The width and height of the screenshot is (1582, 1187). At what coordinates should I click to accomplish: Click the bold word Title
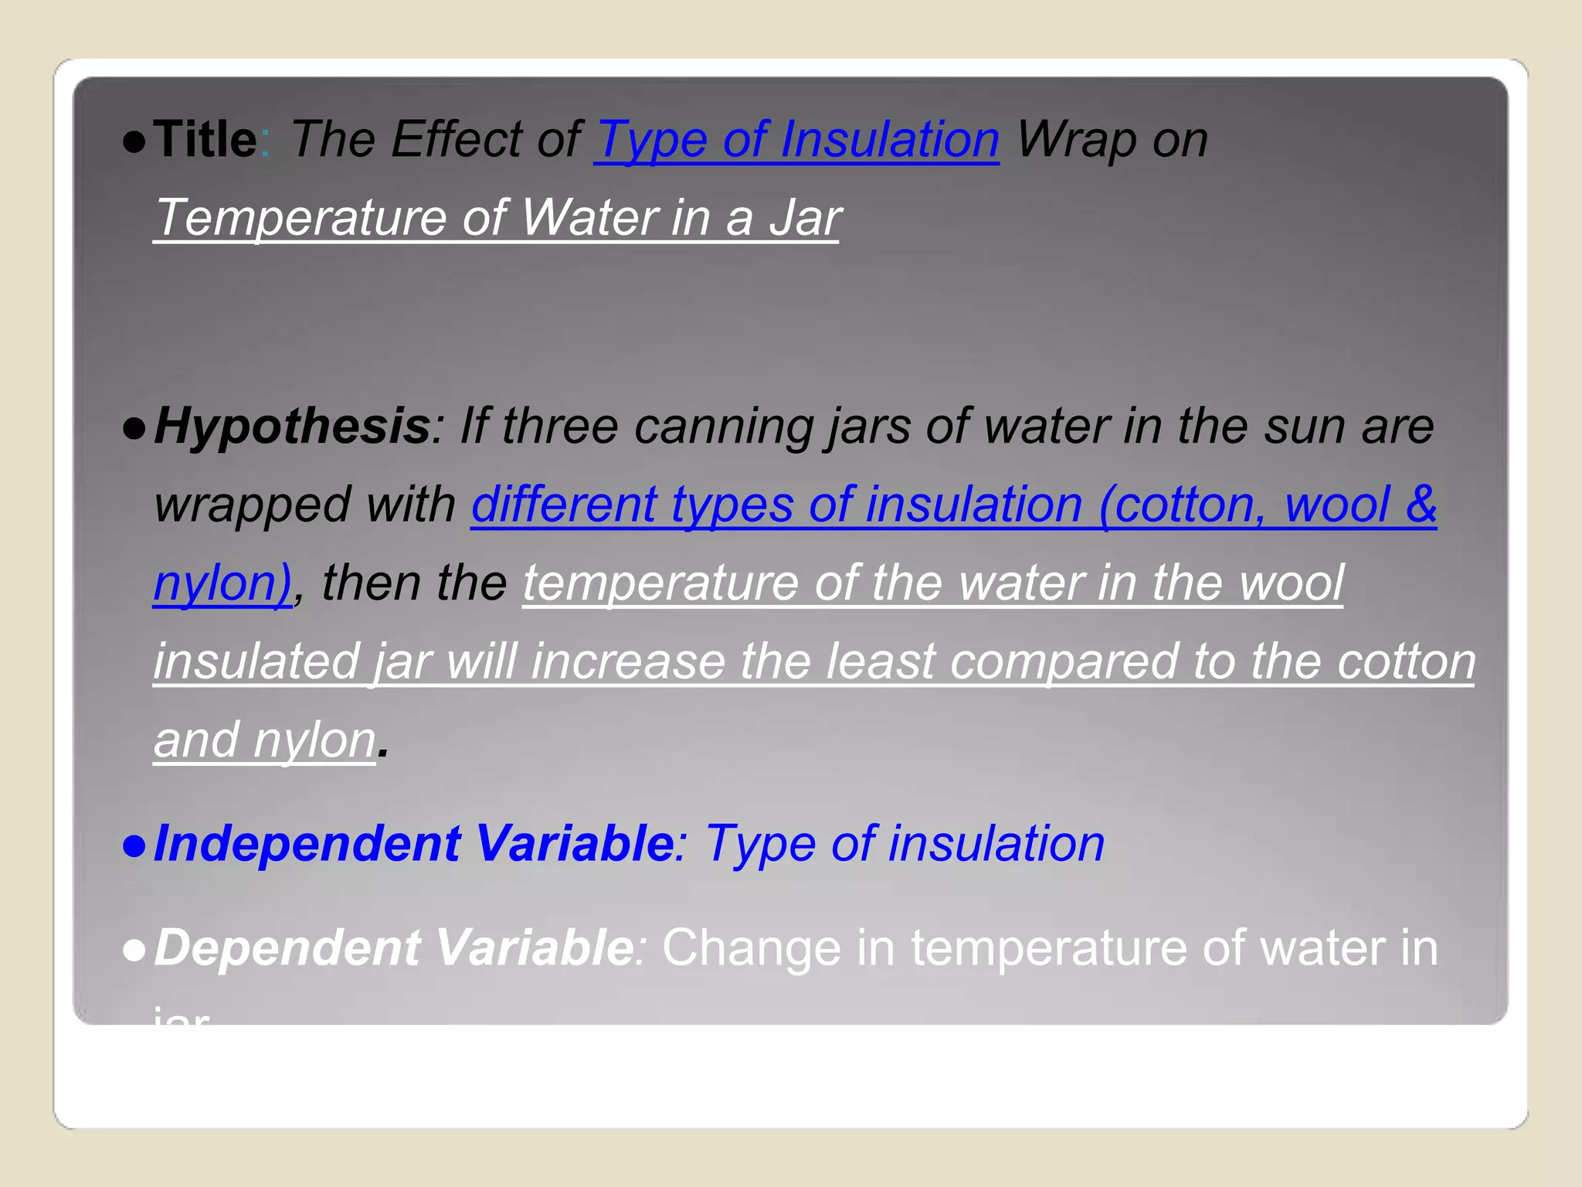[205, 140]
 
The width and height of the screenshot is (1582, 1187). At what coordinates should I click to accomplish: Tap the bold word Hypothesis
[292, 427]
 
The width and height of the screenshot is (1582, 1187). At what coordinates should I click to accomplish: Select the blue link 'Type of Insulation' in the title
[796, 140]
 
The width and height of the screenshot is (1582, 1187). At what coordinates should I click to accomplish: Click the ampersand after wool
[1420, 505]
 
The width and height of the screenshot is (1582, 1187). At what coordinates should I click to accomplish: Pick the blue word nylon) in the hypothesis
[222, 583]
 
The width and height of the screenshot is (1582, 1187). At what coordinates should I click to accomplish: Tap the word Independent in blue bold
[307, 843]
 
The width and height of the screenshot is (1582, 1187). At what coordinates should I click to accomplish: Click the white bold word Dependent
[286, 948]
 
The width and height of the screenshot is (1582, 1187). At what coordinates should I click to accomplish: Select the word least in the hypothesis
[881, 662]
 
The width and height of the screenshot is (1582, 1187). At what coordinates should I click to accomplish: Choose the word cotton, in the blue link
[1191, 505]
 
